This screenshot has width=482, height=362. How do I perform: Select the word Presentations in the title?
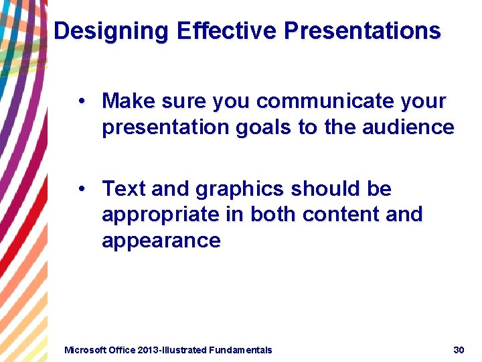(362, 32)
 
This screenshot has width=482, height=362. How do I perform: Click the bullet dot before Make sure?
(80, 101)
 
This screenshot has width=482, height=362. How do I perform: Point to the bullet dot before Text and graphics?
(80, 190)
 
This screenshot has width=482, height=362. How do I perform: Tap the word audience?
(411, 127)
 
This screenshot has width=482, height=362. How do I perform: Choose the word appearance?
(161, 241)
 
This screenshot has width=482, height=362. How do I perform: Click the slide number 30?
(459, 350)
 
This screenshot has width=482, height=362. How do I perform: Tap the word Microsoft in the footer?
(84, 350)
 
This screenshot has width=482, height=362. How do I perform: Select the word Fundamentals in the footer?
(240, 350)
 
